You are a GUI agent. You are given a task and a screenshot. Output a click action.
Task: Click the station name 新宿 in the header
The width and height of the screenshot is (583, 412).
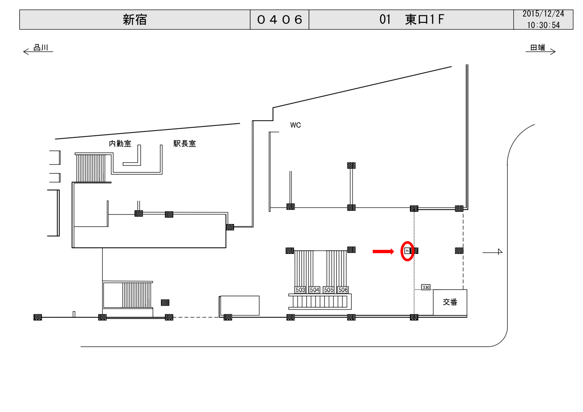[x=135, y=20]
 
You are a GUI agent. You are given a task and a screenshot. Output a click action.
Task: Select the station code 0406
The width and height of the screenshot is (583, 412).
[x=279, y=20]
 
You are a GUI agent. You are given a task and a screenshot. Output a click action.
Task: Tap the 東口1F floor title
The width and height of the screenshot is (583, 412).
[x=411, y=20]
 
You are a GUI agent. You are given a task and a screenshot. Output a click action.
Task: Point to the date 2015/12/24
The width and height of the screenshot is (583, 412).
[x=543, y=14]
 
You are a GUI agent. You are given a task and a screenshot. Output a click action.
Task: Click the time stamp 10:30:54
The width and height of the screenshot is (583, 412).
[x=543, y=25]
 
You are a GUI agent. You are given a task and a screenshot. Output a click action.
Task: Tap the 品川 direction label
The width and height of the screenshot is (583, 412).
[x=41, y=48]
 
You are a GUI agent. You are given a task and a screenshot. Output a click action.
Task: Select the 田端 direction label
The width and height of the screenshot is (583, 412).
[x=538, y=48]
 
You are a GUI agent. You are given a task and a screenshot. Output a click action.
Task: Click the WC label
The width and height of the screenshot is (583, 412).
[x=295, y=125]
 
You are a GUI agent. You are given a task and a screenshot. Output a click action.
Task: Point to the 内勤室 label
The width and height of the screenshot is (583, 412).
[x=120, y=144]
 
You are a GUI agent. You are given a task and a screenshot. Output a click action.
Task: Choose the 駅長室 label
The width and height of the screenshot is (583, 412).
[x=185, y=144]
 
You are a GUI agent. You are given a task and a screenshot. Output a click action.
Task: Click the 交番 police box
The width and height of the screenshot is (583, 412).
[x=450, y=302]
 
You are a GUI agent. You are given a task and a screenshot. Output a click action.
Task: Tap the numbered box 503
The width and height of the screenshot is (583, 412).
[x=300, y=290]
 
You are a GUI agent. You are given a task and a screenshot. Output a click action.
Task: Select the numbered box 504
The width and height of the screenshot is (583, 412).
[x=314, y=290]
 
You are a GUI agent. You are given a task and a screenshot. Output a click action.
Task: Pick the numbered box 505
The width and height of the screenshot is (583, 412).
[x=329, y=290]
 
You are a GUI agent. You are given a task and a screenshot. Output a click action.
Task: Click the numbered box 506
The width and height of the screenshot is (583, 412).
[x=343, y=290]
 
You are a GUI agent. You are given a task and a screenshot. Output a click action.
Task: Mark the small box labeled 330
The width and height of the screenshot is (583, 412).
[x=426, y=287]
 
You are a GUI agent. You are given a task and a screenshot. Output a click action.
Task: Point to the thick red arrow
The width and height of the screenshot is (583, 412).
[x=383, y=251]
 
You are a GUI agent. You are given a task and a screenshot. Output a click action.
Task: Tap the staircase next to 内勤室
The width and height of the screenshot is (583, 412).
[x=91, y=168]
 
